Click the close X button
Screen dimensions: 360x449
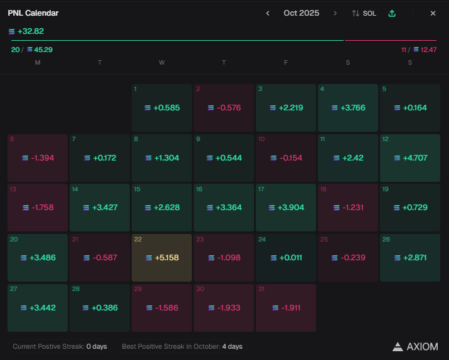[433, 13]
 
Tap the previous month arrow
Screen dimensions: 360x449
[268, 13]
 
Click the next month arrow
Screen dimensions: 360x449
[335, 13]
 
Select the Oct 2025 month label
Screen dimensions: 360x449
[301, 13]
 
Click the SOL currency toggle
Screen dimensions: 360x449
[364, 13]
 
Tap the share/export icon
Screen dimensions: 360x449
[392, 13]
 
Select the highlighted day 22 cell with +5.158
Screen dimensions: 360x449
[162, 257]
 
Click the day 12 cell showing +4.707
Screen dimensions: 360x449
[410, 157]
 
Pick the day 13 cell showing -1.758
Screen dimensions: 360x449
[38, 207]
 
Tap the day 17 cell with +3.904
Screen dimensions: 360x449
[286, 207]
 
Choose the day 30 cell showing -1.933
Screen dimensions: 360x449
[224, 307]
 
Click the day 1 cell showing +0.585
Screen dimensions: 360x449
[162, 107]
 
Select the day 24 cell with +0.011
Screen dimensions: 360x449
[286, 257]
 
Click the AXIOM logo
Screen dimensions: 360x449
[415, 346]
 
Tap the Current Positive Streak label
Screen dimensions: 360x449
[60, 346]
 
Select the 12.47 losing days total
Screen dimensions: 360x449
[428, 50]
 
